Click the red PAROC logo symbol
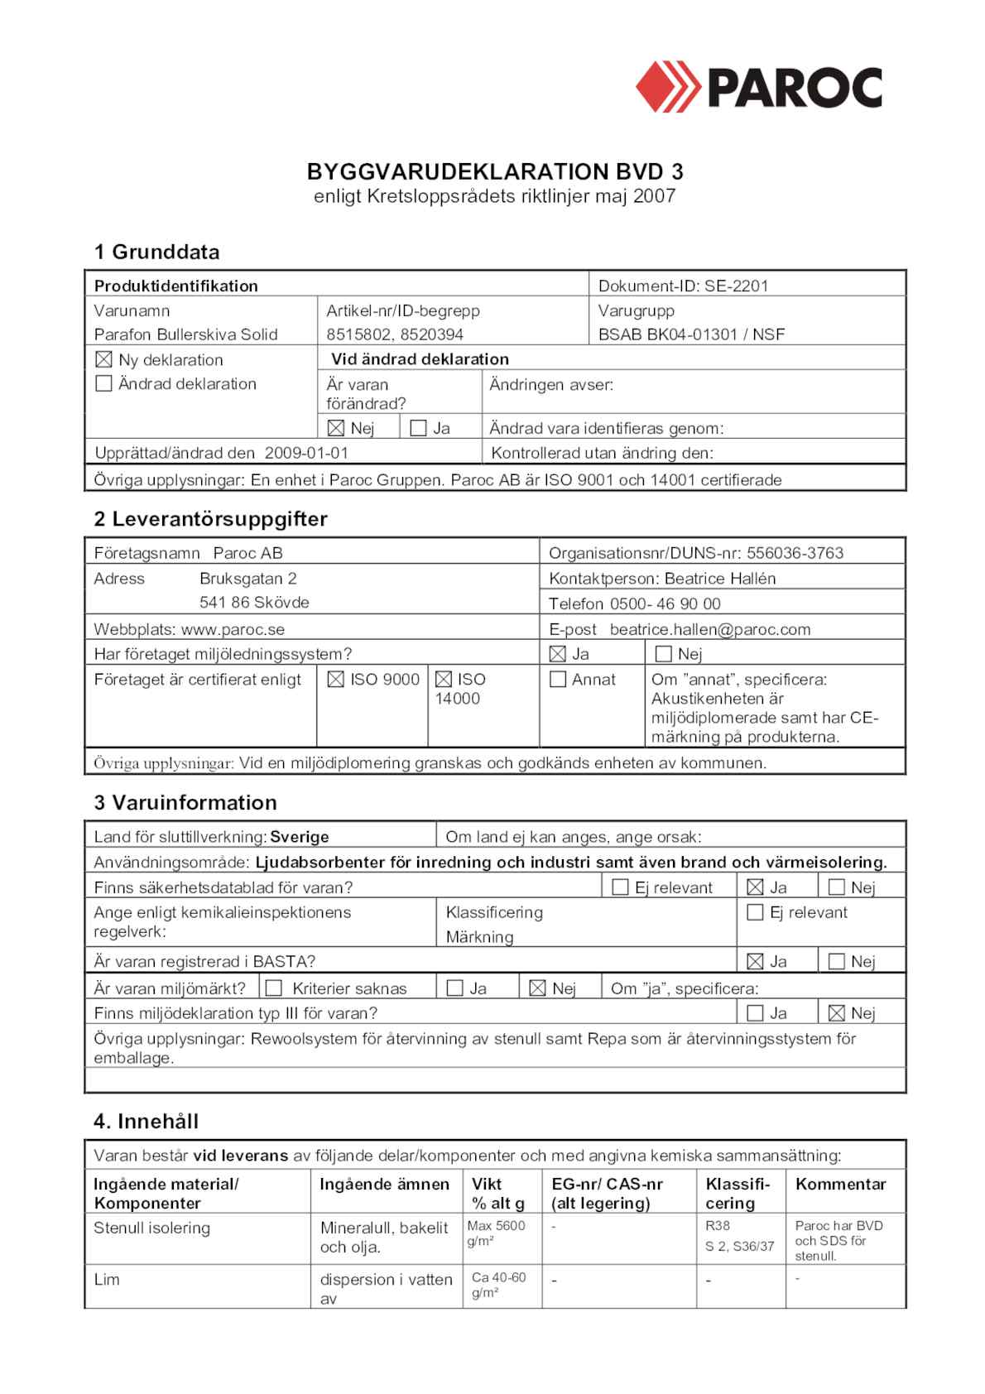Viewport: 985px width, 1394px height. [x=668, y=86]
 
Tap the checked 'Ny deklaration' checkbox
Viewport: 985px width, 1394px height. [x=103, y=359]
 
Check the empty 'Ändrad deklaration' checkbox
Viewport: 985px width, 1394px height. [x=103, y=383]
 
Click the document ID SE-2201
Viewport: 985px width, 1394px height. [x=736, y=286]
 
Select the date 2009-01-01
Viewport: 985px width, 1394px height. [x=306, y=453]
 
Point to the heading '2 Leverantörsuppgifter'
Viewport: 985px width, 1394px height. [x=210, y=519]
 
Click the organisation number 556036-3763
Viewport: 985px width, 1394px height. [x=795, y=553]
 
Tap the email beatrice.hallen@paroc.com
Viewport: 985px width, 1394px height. [x=710, y=629]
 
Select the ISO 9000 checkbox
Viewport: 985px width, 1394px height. [x=335, y=680]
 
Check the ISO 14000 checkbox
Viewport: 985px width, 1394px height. [x=444, y=680]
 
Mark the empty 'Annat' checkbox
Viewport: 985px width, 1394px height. [x=558, y=680]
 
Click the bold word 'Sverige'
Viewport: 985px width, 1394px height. [x=300, y=837]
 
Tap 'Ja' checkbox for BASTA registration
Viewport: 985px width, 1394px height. [x=755, y=961]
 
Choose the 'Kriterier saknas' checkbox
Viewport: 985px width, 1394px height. [x=274, y=988]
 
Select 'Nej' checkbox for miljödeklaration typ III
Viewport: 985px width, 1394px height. [x=837, y=1013]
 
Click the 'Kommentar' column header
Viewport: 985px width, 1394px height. [x=840, y=1184]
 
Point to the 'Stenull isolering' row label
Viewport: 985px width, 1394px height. [x=151, y=1228]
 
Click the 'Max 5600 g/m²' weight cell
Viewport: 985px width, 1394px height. [x=496, y=1233]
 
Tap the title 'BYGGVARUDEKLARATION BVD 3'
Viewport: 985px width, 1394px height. [x=495, y=171]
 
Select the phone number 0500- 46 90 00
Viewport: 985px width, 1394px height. [x=665, y=603]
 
